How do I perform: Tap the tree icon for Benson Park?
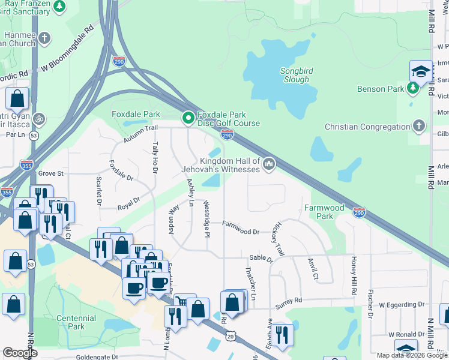pos(412,89)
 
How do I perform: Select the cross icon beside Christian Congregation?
pos(418,127)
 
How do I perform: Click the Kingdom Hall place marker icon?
pos(269,163)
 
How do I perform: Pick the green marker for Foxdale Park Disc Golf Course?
pos(188,118)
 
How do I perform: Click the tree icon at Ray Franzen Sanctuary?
pos(59,6)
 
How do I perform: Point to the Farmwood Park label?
pos(325,212)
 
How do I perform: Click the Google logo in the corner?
pos(20,353)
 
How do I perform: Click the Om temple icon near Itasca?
pos(39,118)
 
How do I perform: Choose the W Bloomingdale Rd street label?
pos(67,50)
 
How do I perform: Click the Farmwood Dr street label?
pos(240,227)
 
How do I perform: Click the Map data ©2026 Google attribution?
pos(412,355)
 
